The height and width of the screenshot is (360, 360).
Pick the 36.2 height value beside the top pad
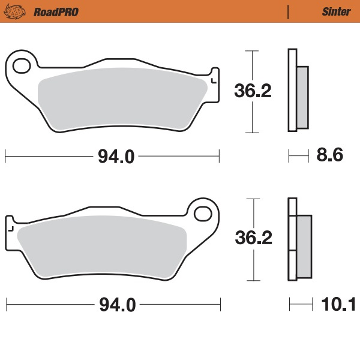pos(253,91)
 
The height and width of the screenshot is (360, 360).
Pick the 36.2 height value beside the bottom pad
pos(253,238)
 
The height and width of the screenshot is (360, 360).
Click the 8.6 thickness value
pos(329,156)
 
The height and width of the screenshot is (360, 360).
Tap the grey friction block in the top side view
pos(302,97)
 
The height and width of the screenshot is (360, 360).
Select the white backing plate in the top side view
pos(292,90)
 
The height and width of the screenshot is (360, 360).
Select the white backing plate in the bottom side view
pos(292,240)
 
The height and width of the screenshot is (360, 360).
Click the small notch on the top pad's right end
pos(214,77)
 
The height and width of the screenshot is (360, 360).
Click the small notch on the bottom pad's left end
pos(10,226)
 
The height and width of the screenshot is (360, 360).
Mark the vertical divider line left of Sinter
pos(289,11)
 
